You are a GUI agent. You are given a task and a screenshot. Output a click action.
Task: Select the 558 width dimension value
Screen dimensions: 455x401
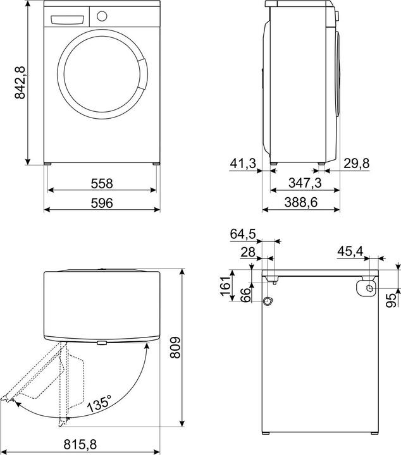click(x=101, y=183)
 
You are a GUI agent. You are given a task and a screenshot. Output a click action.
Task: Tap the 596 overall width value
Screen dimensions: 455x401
click(x=101, y=203)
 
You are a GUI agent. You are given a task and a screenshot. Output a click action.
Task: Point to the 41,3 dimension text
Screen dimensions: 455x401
click(x=242, y=164)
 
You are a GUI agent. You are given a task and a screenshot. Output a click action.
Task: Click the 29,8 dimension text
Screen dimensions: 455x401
click(x=356, y=164)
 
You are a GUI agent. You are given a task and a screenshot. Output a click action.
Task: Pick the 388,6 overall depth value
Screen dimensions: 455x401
click(x=301, y=203)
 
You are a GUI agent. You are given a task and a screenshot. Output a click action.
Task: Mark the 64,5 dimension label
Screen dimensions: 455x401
click(x=242, y=234)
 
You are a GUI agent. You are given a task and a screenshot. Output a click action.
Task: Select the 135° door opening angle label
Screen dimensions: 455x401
click(x=100, y=403)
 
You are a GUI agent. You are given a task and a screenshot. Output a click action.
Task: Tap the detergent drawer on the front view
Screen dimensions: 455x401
click(x=66, y=17)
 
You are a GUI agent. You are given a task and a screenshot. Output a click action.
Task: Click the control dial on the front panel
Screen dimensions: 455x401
click(x=101, y=16)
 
